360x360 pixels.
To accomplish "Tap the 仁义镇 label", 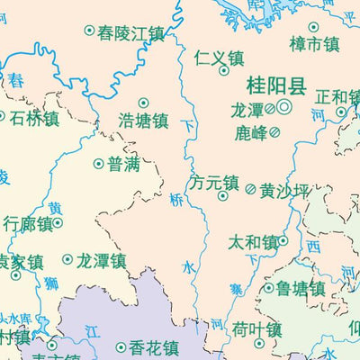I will click(x=219, y=58).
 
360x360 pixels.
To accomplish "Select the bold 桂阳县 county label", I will click(x=277, y=86).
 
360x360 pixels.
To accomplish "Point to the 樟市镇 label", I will click(x=314, y=44).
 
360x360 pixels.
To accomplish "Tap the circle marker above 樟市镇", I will click(x=313, y=27).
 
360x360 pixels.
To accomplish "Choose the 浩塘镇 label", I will click(x=144, y=120).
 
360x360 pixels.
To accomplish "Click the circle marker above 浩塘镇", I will click(x=143, y=103).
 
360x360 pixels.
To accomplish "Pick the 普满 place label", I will click(x=123, y=164).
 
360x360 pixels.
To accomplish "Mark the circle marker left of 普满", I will click(x=99, y=164).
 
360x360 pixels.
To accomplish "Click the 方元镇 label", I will click(x=214, y=181).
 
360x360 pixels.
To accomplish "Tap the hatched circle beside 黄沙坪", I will click(x=251, y=189).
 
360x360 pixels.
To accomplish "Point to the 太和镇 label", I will click(x=253, y=242).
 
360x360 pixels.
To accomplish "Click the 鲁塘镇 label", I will click(x=301, y=289).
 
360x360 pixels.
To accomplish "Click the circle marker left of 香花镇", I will click(x=121, y=347).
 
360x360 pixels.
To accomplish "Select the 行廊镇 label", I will click(x=28, y=222).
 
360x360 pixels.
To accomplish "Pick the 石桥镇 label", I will click(x=33, y=116).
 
